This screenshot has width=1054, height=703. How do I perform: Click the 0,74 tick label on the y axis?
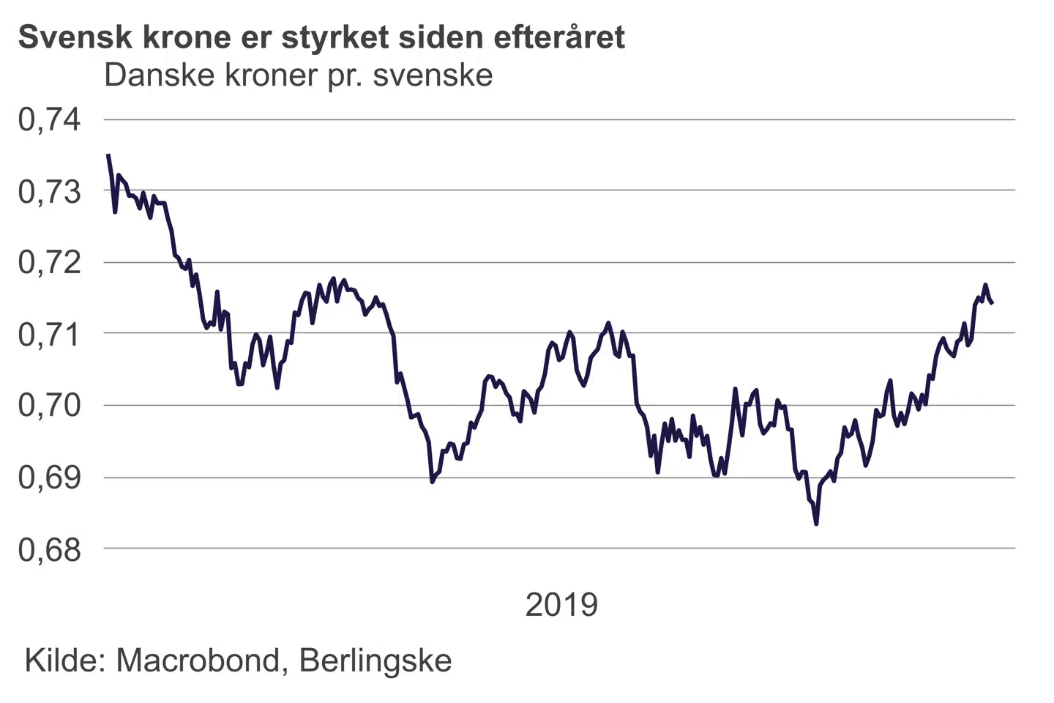(x=49, y=119)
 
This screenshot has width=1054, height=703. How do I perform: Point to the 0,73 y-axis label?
(x=49, y=191)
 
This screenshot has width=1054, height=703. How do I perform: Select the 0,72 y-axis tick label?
(x=49, y=262)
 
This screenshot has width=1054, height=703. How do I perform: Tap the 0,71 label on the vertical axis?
(x=49, y=334)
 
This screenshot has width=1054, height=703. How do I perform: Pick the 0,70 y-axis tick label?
(x=49, y=405)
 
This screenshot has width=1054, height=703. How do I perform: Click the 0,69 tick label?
(x=49, y=477)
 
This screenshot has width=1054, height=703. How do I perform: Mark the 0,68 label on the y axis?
(x=49, y=549)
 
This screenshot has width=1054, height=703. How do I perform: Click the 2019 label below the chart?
(x=561, y=605)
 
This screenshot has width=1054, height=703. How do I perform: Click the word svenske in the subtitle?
(x=433, y=75)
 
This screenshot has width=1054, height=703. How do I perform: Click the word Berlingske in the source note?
(x=375, y=661)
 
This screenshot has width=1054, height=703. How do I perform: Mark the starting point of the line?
(x=108, y=155)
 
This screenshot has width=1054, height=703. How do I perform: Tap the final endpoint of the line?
(x=992, y=302)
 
